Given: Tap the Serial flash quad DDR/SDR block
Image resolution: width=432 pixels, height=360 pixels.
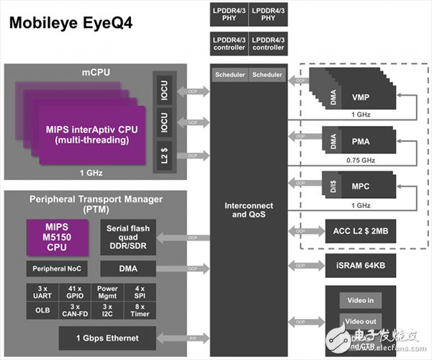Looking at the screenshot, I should (x=128, y=238).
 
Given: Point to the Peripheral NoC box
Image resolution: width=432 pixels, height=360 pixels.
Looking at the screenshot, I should (x=58, y=269).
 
